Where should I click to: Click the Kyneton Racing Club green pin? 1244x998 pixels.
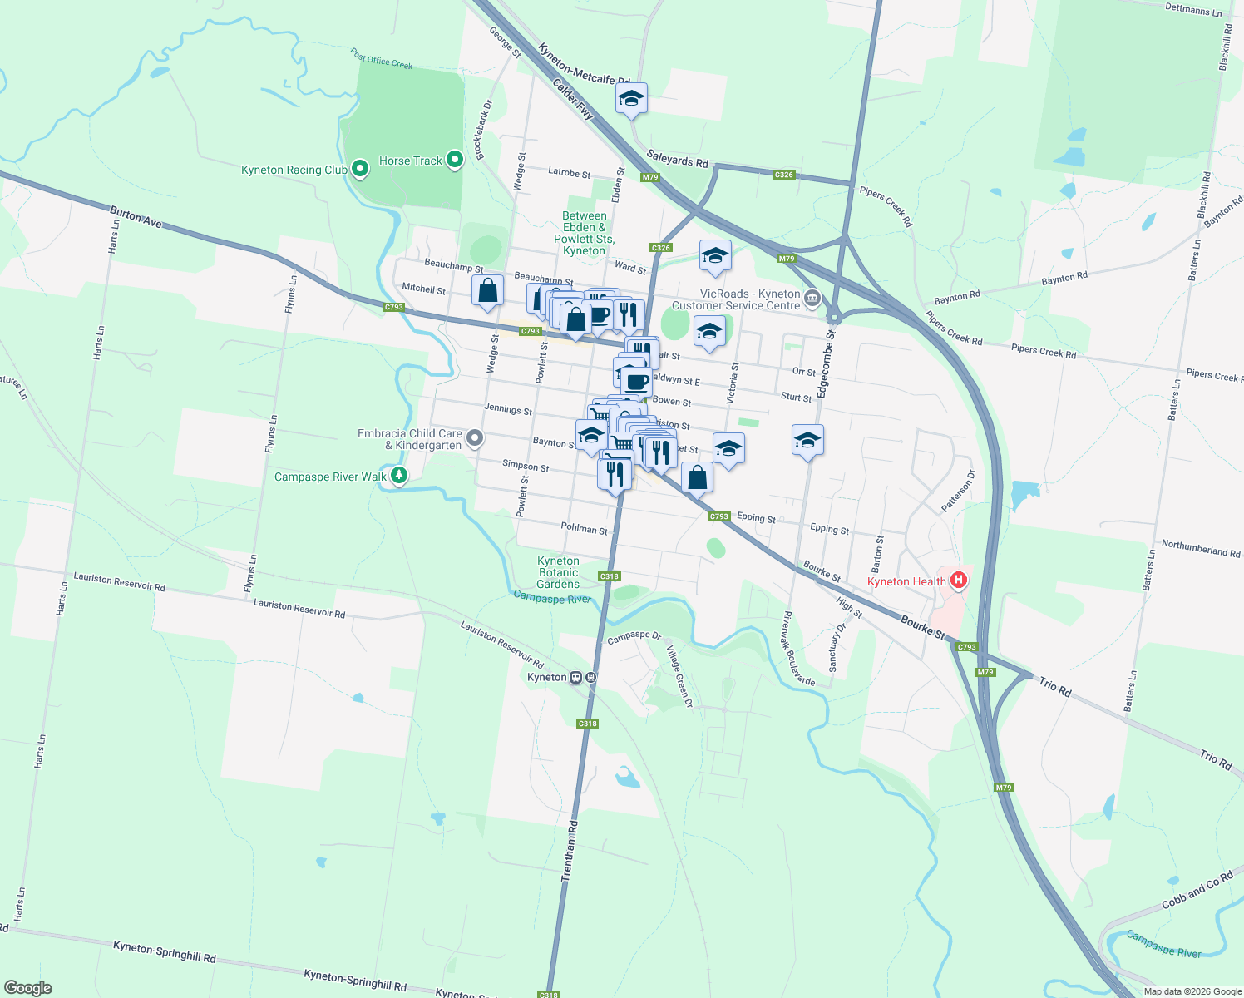pyautogui.click(x=359, y=169)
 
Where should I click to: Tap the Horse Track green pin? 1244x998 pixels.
pyautogui.click(x=454, y=160)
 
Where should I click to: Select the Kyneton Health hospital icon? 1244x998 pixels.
pyautogui.click(x=959, y=581)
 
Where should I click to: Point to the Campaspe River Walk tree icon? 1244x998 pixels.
pyautogui.click(x=399, y=475)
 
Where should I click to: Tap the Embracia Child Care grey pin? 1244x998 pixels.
pyautogui.click(x=474, y=438)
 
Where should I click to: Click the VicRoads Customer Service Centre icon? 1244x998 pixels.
pyautogui.click(x=812, y=298)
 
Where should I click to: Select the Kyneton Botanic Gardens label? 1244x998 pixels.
pyautogui.click(x=558, y=572)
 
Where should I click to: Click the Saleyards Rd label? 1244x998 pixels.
pyautogui.click(x=677, y=158)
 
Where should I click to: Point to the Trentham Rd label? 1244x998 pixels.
pyautogui.click(x=570, y=851)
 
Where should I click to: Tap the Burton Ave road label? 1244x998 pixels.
pyautogui.click(x=136, y=218)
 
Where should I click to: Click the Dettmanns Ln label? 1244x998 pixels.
pyautogui.click(x=1193, y=10)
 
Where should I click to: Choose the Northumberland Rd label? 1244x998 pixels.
pyautogui.click(x=1200, y=549)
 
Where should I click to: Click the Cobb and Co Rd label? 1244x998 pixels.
pyautogui.click(x=1197, y=892)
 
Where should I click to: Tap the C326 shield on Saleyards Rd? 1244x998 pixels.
pyautogui.click(x=783, y=175)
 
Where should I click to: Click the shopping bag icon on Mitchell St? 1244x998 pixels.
pyautogui.click(x=487, y=290)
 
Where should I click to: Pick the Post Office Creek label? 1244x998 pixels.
pyautogui.click(x=381, y=59)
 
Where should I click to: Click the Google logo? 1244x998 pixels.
pyautogui.click(x=28, y=987)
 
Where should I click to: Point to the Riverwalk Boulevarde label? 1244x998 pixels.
pyautogui.click(x=798, y=649)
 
